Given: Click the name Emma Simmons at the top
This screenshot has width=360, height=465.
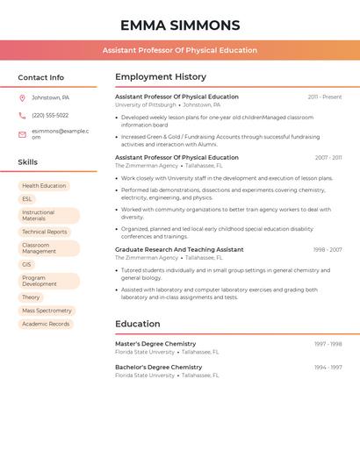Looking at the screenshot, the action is click(x=180, y=25).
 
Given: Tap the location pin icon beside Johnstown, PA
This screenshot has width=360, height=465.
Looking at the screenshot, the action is click(x=22, y=97).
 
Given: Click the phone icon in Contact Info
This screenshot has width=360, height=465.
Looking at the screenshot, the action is click(x=22, y=115).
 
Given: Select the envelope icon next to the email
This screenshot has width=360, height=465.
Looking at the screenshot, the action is click(x=22, y=134).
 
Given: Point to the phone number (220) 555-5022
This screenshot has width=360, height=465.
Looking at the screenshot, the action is click(x=50, y=115).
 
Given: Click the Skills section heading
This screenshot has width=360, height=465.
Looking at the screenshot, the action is click(x=28, y=162).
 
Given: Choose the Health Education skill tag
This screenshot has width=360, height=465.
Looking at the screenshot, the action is click(x=44, y=186).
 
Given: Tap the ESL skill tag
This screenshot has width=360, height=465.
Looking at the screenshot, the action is click(x=27, y=199).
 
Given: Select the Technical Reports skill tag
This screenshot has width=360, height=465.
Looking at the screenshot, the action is click(x=45, y=232).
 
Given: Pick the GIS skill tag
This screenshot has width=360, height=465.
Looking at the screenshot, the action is click(x=27, y=264).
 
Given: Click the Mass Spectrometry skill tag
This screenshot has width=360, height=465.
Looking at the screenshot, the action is click(x=47, y=311).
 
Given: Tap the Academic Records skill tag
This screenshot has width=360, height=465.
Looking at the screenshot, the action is click(x=46, y=324).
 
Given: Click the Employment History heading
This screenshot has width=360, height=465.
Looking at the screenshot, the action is click(x=161, y=77).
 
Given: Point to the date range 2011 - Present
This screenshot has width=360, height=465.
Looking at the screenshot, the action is click(x=325, y=97).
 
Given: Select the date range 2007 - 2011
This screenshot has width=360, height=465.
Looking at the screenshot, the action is click(x=328, y=158).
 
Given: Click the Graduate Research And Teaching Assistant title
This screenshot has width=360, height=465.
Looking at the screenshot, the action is click(x=179, y=249).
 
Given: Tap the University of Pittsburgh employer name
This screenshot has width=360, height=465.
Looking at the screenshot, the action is click(x=145, y=104).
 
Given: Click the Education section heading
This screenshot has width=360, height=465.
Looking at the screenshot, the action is click(x=138, y=324).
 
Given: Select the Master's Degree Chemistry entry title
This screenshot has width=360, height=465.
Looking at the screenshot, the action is click(x=155, y=344).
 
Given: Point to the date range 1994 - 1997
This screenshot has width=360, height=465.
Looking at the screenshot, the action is click(x=328, y=367).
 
